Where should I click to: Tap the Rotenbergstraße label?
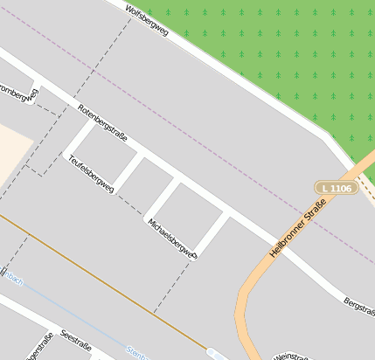coord(102,123)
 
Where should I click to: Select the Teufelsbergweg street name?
coord(91,173)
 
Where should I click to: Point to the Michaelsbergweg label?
coord(173,239)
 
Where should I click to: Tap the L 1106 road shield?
coord(337,188)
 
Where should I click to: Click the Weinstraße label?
coord(291,357)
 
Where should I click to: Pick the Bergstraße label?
coord(358,307)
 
